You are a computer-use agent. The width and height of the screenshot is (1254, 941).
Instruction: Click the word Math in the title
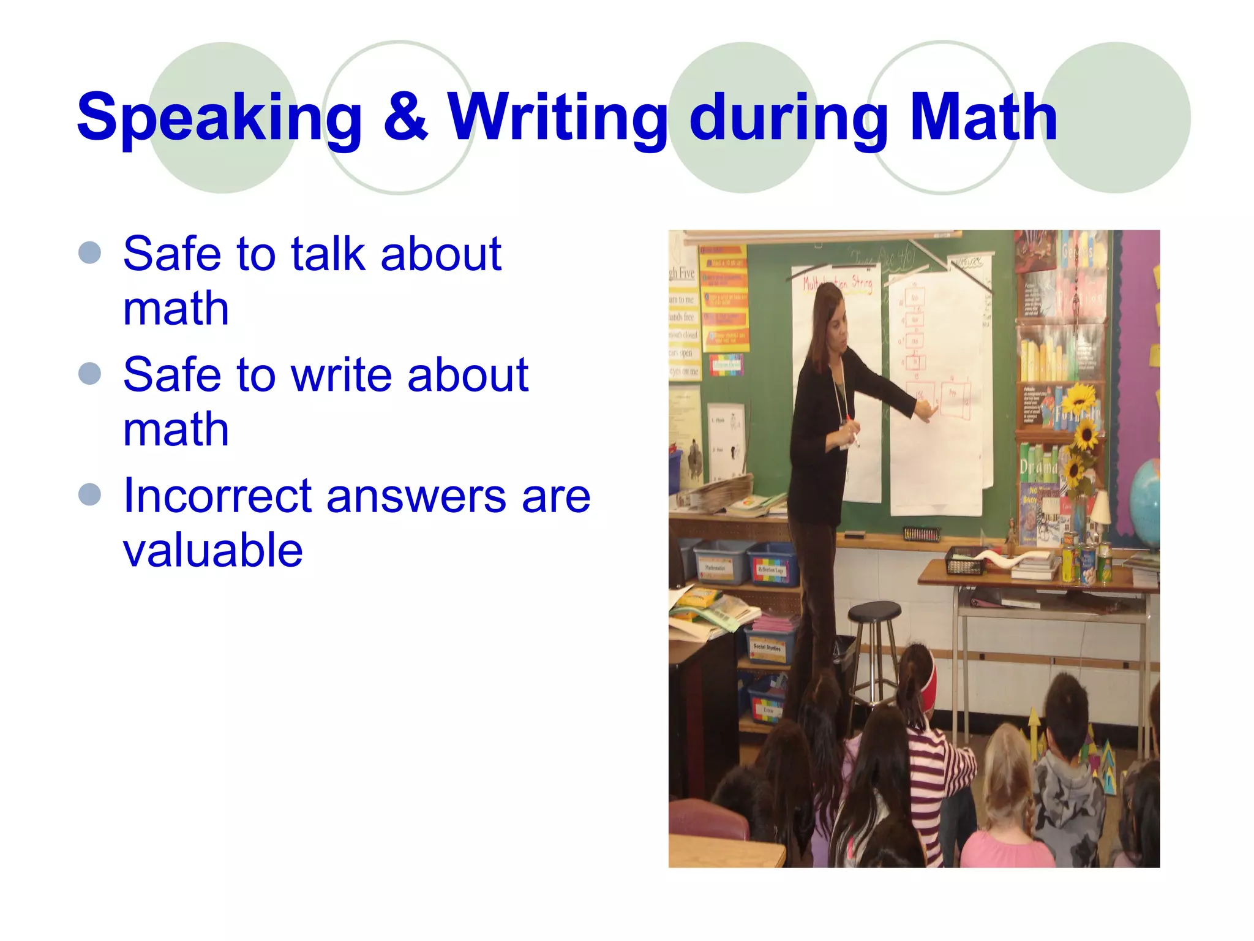point(983,116)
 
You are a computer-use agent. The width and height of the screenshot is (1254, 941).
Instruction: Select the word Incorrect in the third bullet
point(217,496)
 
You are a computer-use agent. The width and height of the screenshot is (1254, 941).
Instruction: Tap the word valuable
point(212,550)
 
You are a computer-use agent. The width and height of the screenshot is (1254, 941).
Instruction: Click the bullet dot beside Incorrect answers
point(90,494)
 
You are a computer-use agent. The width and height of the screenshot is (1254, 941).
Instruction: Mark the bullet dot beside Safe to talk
point(90,252)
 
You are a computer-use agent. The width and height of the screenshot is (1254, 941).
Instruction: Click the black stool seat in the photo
point(874,610)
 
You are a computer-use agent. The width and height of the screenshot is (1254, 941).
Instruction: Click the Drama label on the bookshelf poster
point(1038,467)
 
